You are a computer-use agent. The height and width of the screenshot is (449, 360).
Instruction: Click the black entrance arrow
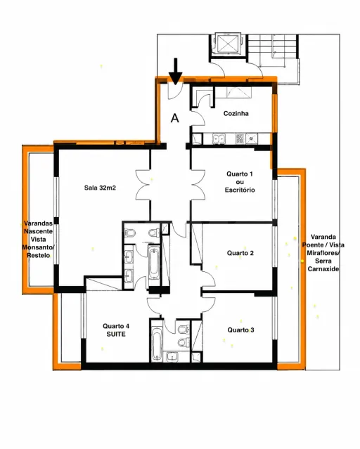pos(175,72)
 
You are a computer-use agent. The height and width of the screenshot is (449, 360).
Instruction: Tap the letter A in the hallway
pos(175,118)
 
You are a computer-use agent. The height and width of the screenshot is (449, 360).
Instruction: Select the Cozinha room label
pos(236,113)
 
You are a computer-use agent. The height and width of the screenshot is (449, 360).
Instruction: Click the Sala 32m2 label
pos(100,188)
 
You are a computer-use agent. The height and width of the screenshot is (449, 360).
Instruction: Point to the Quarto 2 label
pos(240,253)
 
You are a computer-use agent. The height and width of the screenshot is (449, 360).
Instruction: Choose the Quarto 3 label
pos(240,330)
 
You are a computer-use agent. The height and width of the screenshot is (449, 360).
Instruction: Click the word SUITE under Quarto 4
pos(116,334)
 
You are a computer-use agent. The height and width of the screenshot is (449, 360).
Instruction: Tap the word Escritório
pos(240,190)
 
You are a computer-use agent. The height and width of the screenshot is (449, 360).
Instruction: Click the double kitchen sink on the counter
pos(219,139)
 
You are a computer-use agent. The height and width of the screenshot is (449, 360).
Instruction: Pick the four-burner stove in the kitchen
pos(240,139)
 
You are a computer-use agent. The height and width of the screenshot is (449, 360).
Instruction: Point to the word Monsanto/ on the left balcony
pos(38,247)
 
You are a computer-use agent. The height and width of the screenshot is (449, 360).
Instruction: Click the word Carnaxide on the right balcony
pos(323,269)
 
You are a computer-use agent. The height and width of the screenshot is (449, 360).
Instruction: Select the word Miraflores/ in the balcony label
pos(323,253)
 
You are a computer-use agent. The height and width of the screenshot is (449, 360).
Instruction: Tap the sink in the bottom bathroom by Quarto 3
pos(172,356)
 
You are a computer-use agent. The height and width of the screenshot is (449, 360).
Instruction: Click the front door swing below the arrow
pos(174,91)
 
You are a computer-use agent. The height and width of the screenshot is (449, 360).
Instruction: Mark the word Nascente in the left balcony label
pos(38,231)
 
